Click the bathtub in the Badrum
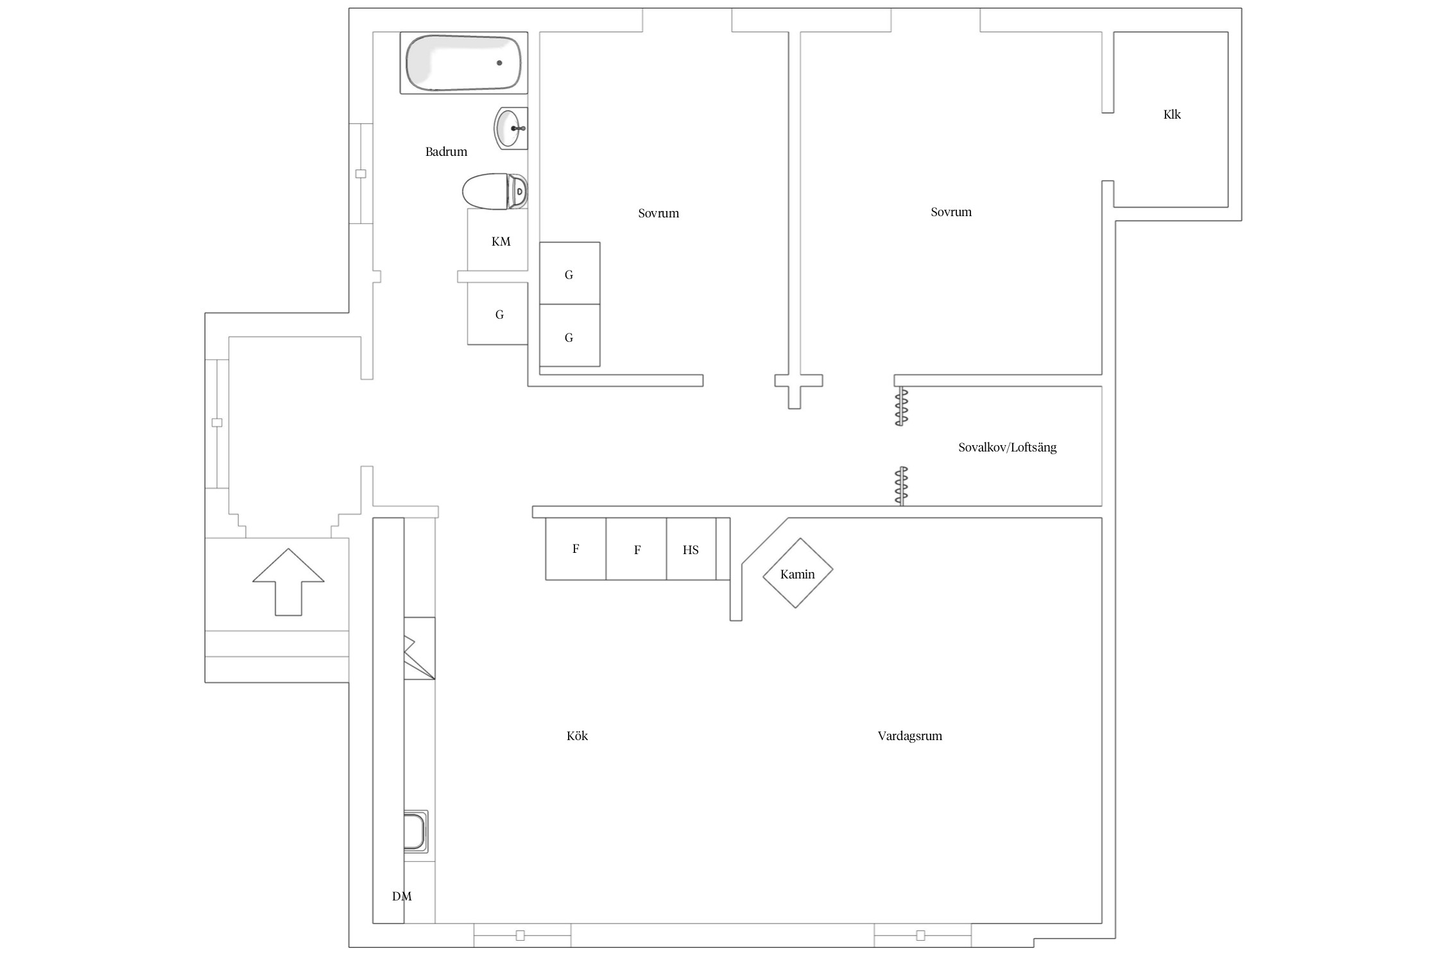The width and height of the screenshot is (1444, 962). (x=463, y=63)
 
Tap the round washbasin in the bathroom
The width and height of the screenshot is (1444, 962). (x=511, y=128)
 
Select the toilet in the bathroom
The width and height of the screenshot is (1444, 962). (x=495, y=191)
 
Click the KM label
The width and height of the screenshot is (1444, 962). (x=501, y=242)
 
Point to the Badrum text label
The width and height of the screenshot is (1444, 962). (x=446, y=152)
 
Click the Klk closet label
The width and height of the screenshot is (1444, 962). (x=1172, y=115)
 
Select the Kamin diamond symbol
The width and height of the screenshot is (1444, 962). (x=798, y=573)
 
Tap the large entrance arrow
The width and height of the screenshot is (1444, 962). (x=288, y=582)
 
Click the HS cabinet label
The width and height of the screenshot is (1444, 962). (x=691, y=550)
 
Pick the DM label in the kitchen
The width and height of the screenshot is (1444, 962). (x=402, y=897)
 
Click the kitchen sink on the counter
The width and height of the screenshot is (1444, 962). (x=415, y=832)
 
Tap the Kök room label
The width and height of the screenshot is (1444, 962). (x=577, y=736)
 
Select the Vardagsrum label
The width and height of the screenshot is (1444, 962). (x=909, y=736)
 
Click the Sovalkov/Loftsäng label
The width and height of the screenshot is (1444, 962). (x=1007, y=448)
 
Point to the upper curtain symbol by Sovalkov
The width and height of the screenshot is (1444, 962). (x=902, y=407)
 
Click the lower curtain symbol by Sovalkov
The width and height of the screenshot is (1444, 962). (x=902, y=485)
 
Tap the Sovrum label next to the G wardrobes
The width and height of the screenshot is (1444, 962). (x=658, y=214)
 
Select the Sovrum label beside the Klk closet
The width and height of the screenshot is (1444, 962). (x=951, y=212)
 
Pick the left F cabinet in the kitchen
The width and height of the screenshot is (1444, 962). (x=576, y=549)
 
